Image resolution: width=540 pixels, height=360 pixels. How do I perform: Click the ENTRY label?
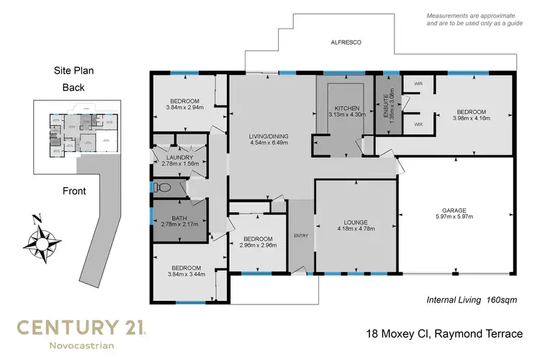pos(300,235)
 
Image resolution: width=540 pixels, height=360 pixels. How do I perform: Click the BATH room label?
pos(179,222)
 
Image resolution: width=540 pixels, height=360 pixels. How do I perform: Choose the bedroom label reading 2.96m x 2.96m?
pos(257,242)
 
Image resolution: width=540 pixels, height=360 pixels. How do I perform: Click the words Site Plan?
pos(73,71)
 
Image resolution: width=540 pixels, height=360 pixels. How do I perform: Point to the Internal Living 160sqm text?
pos(472,300)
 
